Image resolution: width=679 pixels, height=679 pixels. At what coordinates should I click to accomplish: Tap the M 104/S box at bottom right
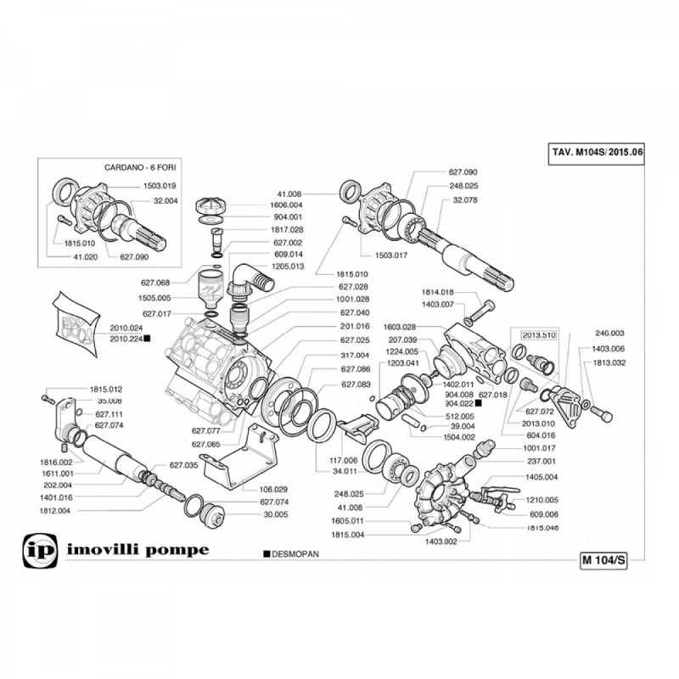coord(603,560)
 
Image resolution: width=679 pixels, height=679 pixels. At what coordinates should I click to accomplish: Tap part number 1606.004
coord(286,205)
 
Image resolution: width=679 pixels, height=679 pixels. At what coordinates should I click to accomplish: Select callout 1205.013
coord(286,266)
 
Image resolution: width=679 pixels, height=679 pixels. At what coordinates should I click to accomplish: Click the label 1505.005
coord(154,298)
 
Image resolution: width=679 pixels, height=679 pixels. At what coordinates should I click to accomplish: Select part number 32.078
coord(466,199)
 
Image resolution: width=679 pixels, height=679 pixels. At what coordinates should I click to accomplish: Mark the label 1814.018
coord(438,292)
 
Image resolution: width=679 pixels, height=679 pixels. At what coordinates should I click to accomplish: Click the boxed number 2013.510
coord(537,334)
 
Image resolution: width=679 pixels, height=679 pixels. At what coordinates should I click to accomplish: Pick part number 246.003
coord(609,334)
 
